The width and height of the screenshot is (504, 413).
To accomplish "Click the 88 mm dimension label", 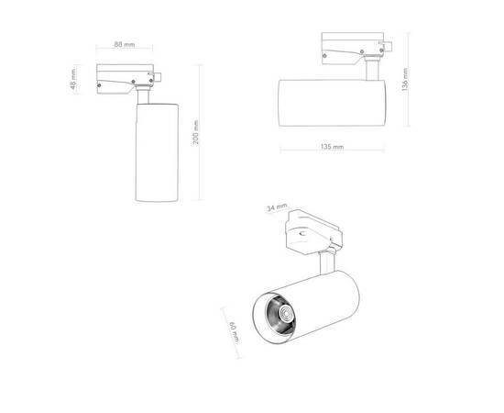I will point(126,42).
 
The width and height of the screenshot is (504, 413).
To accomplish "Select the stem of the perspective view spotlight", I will point(327,265).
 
